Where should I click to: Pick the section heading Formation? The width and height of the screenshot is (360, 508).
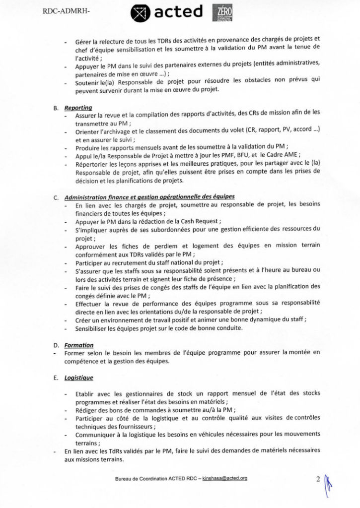tap(78, 345)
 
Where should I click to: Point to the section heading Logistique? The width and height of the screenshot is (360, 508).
tap(79, 378)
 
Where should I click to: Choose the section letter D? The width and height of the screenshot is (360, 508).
tap(56, 345)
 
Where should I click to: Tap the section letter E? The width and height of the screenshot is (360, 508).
tap(56, 378)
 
